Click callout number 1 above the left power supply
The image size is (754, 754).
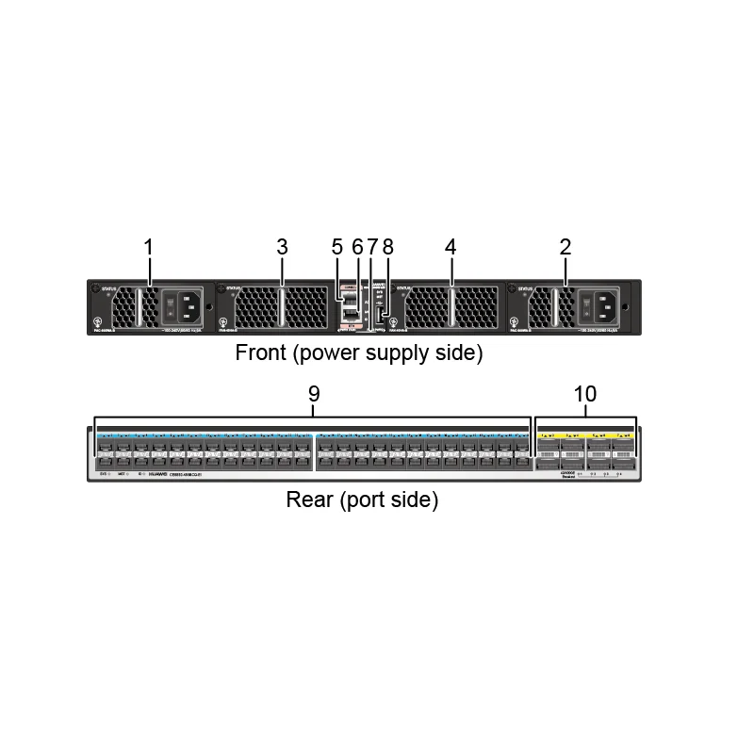[x=148, y=247]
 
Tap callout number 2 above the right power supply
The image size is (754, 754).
[x=565, y=247]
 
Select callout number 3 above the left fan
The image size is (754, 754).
[x=282, y=247]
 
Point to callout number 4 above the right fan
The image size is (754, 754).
[x=451, y=247]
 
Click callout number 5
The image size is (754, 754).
[x=337, y=247]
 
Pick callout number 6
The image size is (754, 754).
[x=356, y=247]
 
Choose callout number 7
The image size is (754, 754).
[x=371, y=247]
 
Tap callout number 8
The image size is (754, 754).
[x=387, y=247]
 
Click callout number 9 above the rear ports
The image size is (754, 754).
[x=315, y=394]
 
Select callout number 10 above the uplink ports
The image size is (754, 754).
[x=585, y=394]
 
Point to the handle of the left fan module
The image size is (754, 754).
[x=281, y=307]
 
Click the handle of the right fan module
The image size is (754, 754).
[x=451, y=307]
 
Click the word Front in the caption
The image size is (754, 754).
[x=258, y=354]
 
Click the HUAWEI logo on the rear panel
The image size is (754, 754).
[x=157, y=475]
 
